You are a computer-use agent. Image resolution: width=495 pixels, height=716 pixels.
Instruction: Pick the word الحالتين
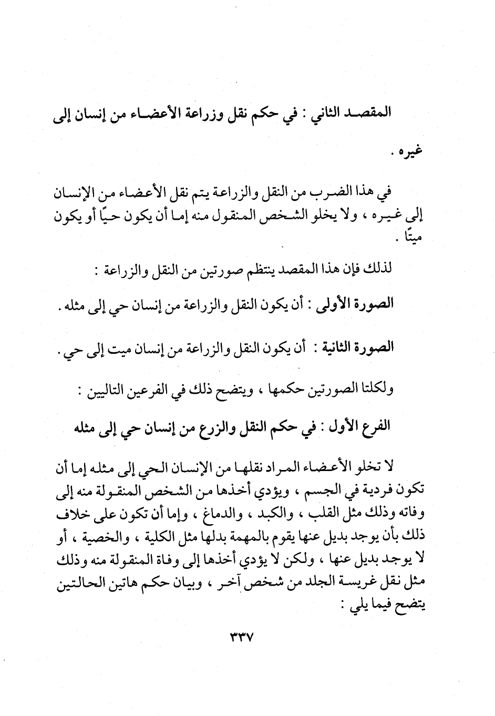tap(79, 581)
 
